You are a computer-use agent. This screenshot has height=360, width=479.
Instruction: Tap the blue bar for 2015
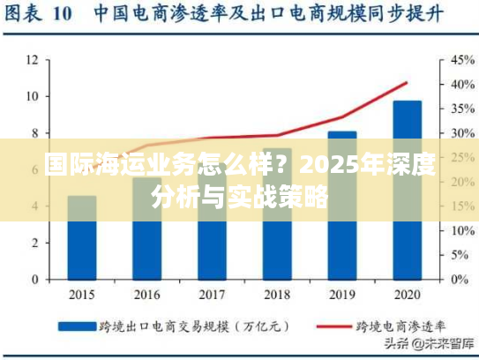(82, 238)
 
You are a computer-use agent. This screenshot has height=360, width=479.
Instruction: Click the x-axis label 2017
(212, 293)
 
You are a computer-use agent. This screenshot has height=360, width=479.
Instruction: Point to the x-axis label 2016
(147, 293)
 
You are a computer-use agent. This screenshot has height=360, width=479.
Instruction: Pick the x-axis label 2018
(277, 293)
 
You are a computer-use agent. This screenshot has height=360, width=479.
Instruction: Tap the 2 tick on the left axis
(34, 243)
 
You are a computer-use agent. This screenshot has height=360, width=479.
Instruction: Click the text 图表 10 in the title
(43, 16)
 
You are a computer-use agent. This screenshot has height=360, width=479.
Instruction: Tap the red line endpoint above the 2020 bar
(407, 83)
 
